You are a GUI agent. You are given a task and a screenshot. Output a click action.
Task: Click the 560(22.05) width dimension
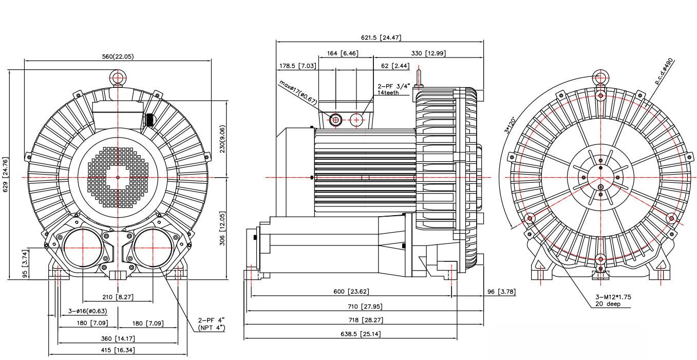click(x=118, y=56)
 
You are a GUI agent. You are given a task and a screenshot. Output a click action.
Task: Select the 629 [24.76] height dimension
click(x=6, y=176)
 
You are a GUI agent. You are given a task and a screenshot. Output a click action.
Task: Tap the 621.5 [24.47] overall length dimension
click(x=381, y=37)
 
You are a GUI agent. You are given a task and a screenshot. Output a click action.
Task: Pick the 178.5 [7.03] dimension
click(x=297, y=66)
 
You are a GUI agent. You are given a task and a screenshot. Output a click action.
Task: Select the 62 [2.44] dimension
click(x=395, y=66)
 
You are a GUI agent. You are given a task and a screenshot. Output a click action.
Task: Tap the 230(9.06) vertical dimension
click(x=222, y=139)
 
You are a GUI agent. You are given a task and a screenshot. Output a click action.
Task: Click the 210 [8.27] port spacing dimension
click(x=118, y=297)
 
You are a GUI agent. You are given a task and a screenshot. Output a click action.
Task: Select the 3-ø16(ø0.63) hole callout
click(x=88, y=311)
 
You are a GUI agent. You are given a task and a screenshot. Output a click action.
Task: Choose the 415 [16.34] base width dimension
click(x=118, y=350)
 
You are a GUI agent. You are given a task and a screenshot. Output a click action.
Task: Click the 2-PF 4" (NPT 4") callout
click(x=212, y=324)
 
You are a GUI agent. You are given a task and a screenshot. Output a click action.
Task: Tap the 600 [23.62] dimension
click(x=351, y=292)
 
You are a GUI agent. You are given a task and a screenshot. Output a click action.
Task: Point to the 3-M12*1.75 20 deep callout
click(x=613, y=300)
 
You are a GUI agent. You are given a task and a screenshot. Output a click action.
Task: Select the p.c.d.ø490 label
click(x=663, y=71)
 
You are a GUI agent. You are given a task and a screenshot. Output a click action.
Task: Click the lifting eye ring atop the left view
click(x=118, y=78)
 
